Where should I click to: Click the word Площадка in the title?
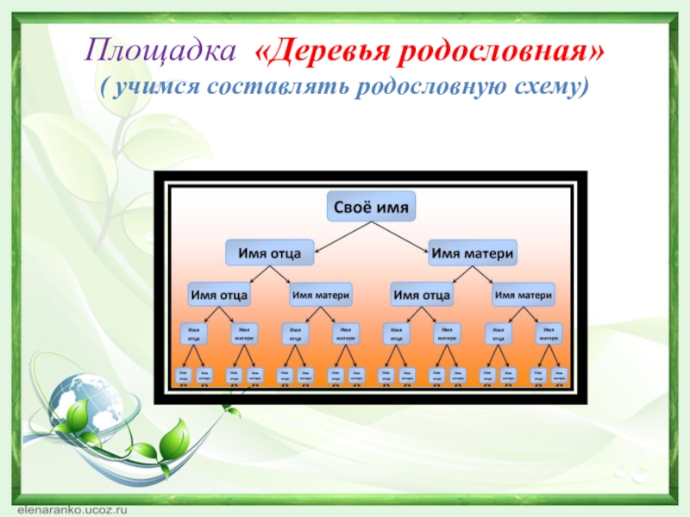pos(160,53)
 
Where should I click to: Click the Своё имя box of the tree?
pos(372,208)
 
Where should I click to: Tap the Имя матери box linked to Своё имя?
pos(473,253)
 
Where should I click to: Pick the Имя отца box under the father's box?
pos(219,295)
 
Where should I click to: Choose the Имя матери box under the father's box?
pos(320,294)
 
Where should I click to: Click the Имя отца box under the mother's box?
pos(422,295)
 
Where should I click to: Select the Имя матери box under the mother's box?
pos(523,294)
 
